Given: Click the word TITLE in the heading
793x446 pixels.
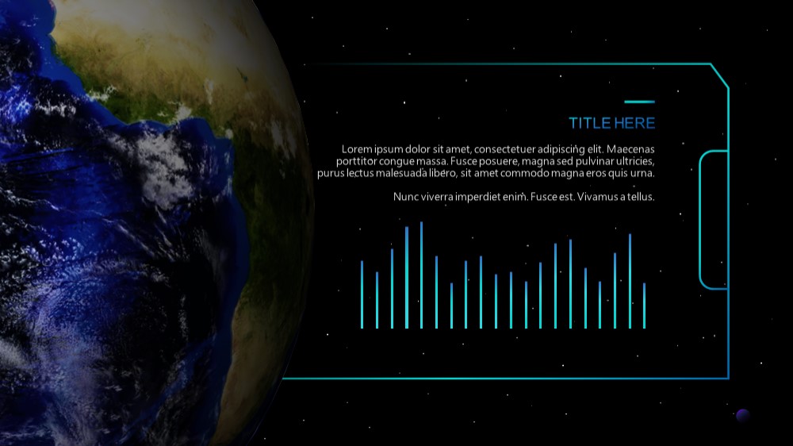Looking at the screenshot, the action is point(589,123).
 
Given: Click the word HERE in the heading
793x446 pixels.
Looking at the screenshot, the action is point(634,123).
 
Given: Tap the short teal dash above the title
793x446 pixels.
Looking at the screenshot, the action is point(639,102).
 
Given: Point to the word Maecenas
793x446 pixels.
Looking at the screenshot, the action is point(630,149).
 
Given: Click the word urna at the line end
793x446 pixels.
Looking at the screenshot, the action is point(642,174).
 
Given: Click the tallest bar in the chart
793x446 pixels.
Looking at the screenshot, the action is point(421,275).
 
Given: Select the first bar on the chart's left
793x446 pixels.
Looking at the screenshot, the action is point(362,294).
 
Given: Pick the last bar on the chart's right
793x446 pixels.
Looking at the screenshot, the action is point(644,306).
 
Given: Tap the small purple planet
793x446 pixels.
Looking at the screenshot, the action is point(742,416).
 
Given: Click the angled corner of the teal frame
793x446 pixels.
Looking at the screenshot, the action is point(719,75).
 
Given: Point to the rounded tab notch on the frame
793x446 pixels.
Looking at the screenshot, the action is point(700,220).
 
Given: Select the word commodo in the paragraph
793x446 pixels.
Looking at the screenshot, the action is point(517,173).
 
